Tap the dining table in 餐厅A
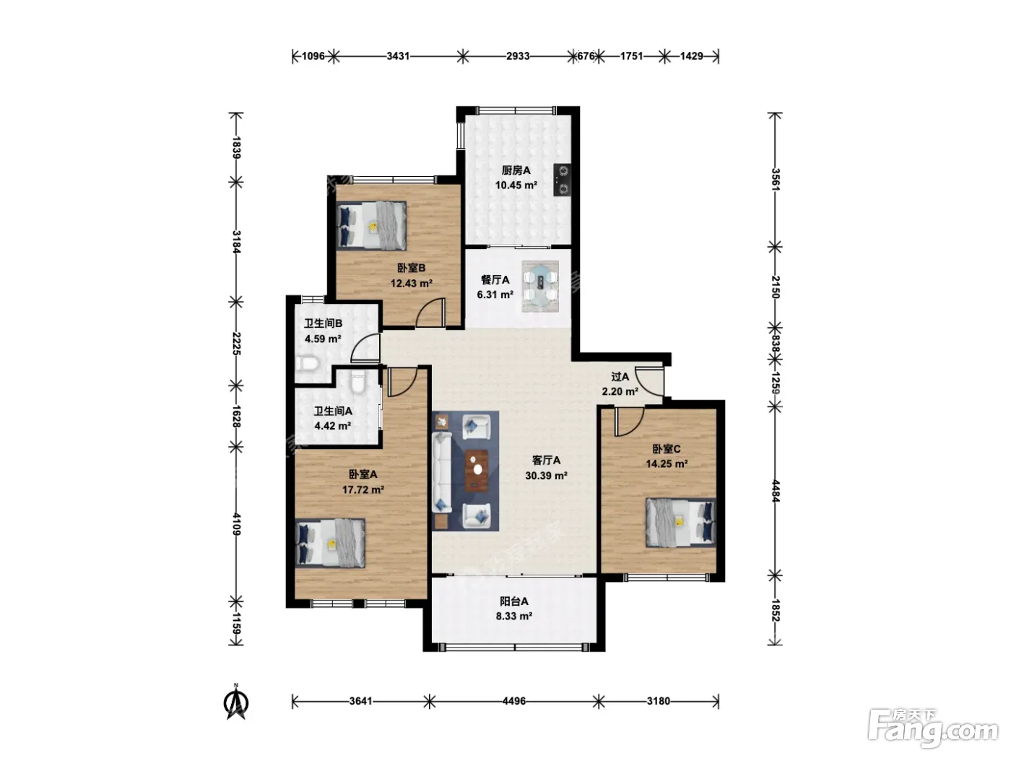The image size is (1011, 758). pos(540,287)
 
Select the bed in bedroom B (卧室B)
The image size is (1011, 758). pos(371,225)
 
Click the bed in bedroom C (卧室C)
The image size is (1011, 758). pos(681,523)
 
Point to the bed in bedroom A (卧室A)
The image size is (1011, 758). pos(330,544)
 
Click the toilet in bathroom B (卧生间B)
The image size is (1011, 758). pos(307,365)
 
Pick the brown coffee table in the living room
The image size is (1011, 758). pos(477,471)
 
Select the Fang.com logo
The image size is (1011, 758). pos(934,728)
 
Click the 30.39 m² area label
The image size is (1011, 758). pos(546,476)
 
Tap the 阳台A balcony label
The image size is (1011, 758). pos(514,601)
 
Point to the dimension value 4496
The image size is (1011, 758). pos(514,701)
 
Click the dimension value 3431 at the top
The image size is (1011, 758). pos(398,56)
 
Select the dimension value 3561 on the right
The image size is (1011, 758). pos(776,180)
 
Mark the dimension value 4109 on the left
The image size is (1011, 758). pos(236,524)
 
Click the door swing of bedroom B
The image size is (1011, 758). pos(430,312)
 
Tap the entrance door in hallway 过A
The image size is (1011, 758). pos(649,381)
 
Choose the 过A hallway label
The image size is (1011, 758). pos(620,376)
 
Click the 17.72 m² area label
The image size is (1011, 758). pos(363,489)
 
